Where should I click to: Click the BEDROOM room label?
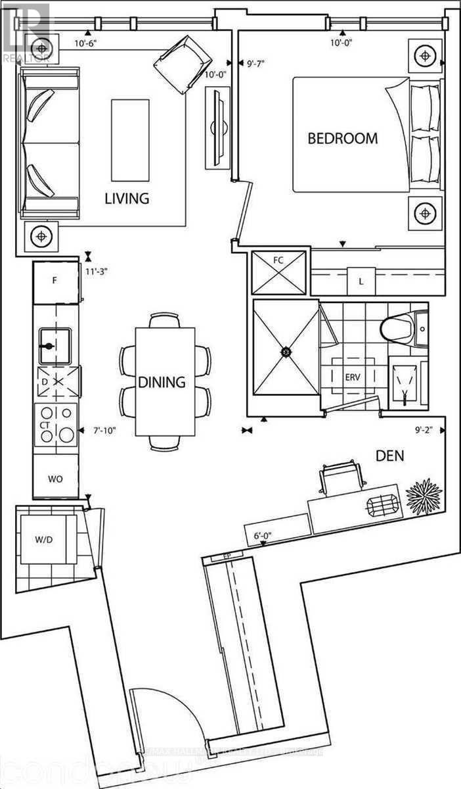coord(343,139)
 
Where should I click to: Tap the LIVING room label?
coord(127,198)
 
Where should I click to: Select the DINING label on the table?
coord(162,381)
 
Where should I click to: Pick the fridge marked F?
coord(56,281)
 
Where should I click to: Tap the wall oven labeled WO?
coord(55,479)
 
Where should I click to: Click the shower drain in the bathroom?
coord(286,352)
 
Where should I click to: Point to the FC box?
coord(278,272)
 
